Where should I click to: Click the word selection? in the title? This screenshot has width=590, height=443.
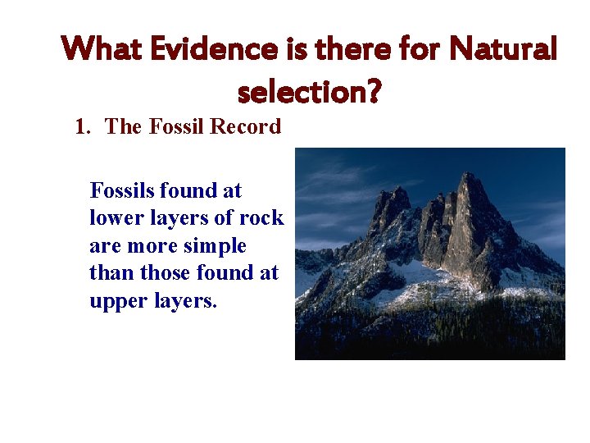(x=309, y=93)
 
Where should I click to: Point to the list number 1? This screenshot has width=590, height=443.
(x=82, y=127)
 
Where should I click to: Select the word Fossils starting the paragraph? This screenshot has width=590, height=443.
(x=122, y=191)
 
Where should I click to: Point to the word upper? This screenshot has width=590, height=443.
(x=116, y=301)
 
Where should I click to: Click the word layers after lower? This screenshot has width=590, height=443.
(x=182, y=218)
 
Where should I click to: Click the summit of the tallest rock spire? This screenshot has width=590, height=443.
(x=468, y=174)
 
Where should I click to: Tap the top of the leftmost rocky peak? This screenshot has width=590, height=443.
(x=399, y=190)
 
